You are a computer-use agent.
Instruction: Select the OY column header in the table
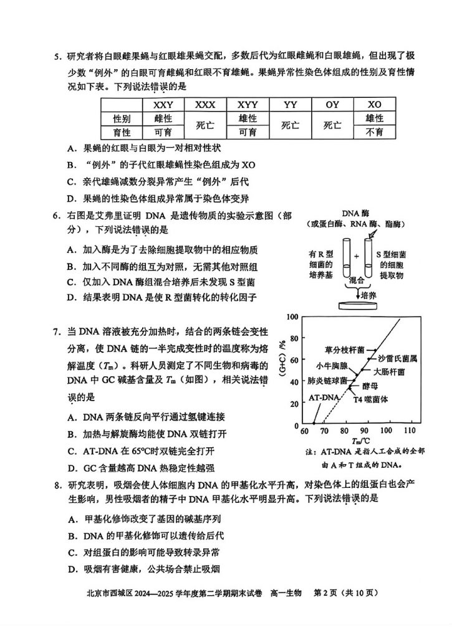point(332,104)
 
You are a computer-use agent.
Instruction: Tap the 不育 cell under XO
point(374,132)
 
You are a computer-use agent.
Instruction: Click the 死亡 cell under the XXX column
point(205,125)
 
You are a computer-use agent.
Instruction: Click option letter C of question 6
point(71,282)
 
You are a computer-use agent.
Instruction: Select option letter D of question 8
point(71,568)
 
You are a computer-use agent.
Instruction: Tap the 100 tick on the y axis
point(291,317)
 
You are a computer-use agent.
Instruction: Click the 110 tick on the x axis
point(409,431)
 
